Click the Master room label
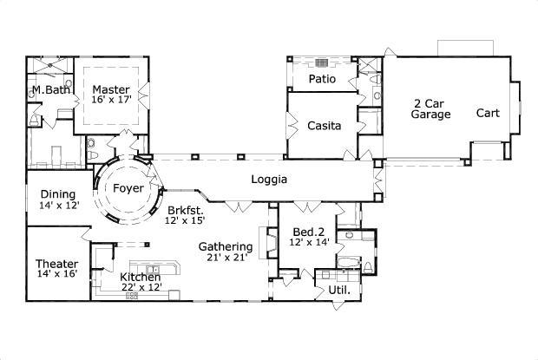pyautogui.click(x=111, y=88)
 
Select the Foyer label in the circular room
pyautogui.click(x=128, y=187)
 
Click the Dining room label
pyautogui.click(x=58, y=194)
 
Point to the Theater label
pyautogui.click(x=57, y=264)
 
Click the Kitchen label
pyautogui.click(x=141, y=277)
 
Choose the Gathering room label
pyautogui.click(x=225, y=246)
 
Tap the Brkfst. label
pyautogui.click(x=184, y=210)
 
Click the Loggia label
pyautogui.click(x=269, y=180)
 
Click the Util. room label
pyautogui.click(x=338, y=290)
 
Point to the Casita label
pyautogui.click(x=324, y=126)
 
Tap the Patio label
pyautogui.click(x=322, y=79)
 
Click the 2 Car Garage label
pyautogui.click(x=430, y=108)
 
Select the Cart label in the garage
pyautogui.click(x=488, y=113)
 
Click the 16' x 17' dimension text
pyautogui.click(x=111, y=100)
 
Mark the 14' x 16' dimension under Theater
pyautogui.click(x=57, y=274)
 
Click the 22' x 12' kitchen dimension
pyautogui.click(x=141, y=287)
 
